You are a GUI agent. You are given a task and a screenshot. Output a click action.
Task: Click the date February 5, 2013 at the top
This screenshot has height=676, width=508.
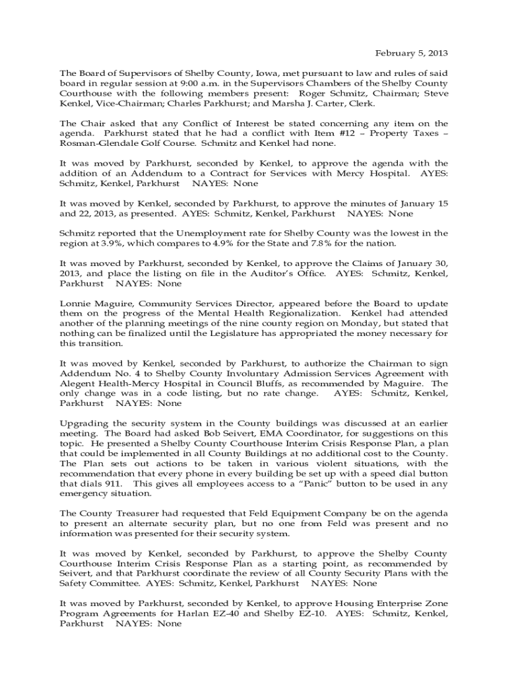pos(412,53)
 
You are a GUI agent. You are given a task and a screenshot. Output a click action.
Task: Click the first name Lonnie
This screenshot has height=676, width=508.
pos(75,304)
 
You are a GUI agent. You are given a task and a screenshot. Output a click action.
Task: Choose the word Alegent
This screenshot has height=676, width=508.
pos(77,383)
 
